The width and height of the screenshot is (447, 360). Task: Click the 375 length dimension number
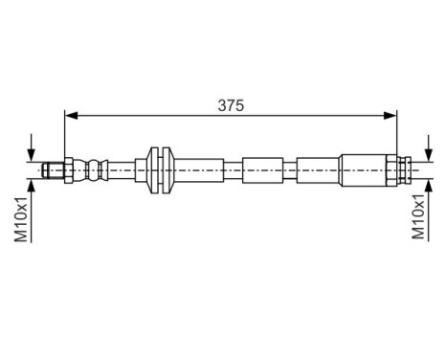point(230,106)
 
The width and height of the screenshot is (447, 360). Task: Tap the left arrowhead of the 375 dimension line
point(71,117)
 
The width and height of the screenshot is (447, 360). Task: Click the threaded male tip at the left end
point(52,170)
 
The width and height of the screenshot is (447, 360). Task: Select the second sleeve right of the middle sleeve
point(317,170)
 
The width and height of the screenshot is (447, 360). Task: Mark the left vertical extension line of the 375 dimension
point(65,134)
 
